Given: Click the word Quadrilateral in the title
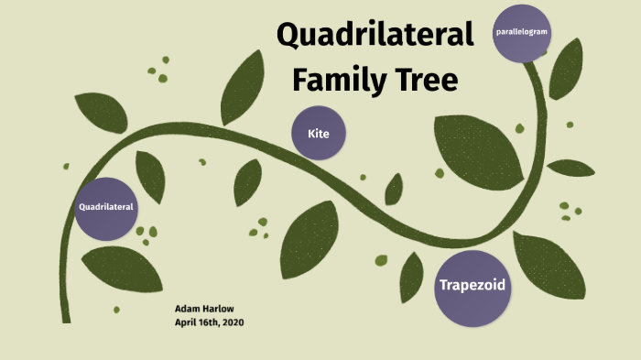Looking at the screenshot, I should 375,35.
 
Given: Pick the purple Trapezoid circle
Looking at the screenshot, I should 472,288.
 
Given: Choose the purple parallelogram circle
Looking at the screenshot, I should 522,33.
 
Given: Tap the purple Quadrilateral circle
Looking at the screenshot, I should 106,208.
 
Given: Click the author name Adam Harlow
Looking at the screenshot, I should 203,310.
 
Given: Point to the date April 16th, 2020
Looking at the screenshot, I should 209,322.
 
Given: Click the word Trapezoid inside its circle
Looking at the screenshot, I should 472,286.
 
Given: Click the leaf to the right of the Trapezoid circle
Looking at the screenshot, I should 550,265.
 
